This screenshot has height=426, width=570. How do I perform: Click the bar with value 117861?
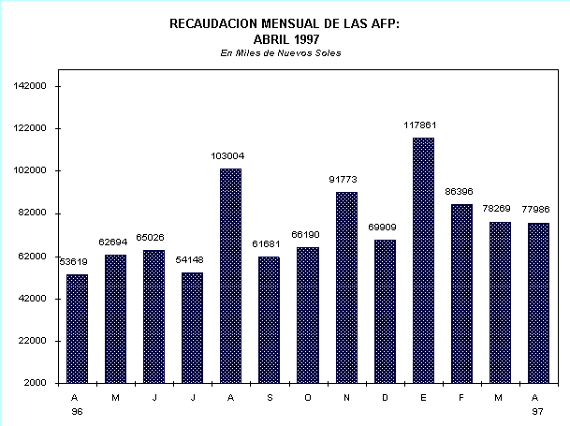click(423, 260)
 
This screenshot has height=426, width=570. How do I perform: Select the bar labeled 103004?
click(230, 275)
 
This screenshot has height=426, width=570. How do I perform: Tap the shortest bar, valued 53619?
click(77, 328)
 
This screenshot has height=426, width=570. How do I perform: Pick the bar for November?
click(346, 287)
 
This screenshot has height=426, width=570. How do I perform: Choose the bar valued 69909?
click(385, 311)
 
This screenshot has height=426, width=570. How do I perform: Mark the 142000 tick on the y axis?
click(32, 86)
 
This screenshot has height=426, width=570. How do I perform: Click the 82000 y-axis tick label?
click(35, 213)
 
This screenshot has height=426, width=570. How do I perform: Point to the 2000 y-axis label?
click(37, 383)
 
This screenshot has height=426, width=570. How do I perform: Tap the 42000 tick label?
click(35, 299)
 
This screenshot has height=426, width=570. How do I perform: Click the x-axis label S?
click(269, 397)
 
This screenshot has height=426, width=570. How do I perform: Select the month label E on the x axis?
click(423, 397)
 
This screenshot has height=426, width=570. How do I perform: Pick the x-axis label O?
click(307, 397)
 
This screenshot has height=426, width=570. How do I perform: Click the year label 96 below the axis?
click(77, 411)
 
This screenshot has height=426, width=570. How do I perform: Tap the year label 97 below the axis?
click(538, 411)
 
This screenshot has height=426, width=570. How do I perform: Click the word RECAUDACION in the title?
click(212, 24)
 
